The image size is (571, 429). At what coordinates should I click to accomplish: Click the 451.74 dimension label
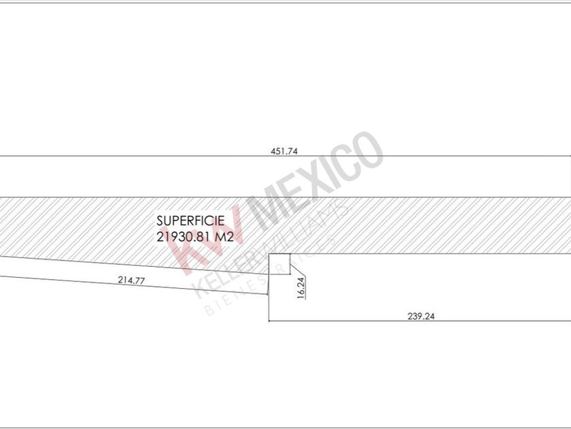point(284,151)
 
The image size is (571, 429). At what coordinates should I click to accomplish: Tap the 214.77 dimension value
point(131,280)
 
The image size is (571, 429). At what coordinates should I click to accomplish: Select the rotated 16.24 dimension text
point(301,288)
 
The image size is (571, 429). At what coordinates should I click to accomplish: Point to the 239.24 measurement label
point(421,316)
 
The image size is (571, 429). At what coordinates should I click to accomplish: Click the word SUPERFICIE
point(190,221)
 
